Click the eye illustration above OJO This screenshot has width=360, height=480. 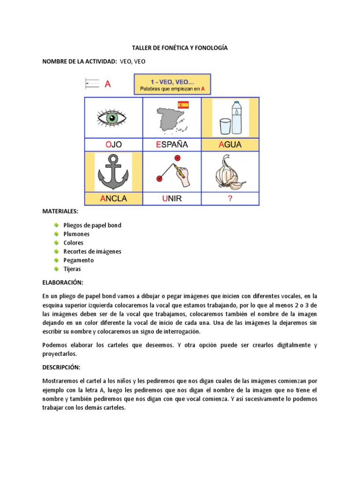click(112, 118)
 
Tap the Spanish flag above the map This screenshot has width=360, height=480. click(182, 105)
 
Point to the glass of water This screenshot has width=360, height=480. click(225, 127)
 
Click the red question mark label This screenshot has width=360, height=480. click(230, 198)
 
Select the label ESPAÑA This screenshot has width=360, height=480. click(172, 145)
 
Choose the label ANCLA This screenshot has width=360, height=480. click(113, 198)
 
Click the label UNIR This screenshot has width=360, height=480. click(172, 198)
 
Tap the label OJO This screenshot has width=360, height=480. click(113, 145)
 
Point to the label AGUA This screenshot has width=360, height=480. click(230, 145)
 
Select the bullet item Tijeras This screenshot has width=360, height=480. click(73, 269)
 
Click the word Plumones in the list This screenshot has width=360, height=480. click(76, 234)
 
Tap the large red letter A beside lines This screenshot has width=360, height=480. click(108, 84)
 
